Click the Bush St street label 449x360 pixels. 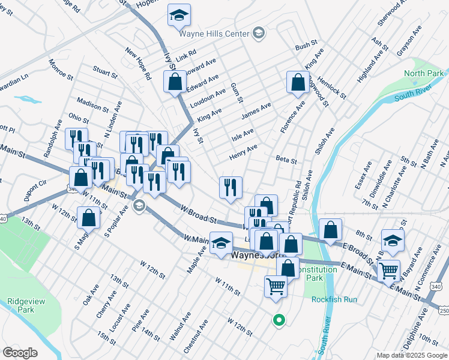[x=306, y=46]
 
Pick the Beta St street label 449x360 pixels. [x=286, y=160]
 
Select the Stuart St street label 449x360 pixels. [x=106, y=73]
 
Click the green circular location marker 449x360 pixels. [x=277, y=320]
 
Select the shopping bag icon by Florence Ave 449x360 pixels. [x=298, y=82]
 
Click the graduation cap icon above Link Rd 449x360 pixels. [x=178, y=16]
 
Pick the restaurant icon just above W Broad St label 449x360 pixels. [x=231, y=187]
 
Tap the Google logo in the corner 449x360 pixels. [x=20, y=353]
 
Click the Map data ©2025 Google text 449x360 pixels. [x=412, y=355]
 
